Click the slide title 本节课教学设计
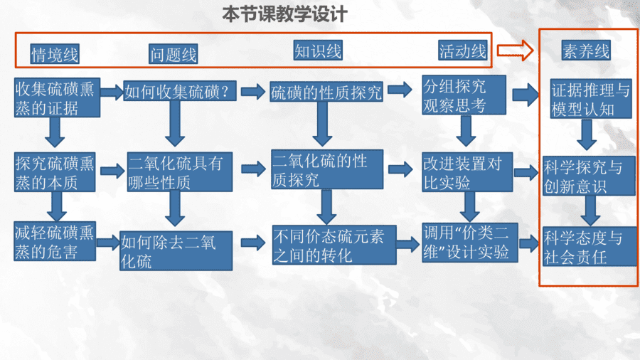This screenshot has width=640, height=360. tap(284, 14)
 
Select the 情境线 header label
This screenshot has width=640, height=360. tap(55, 54)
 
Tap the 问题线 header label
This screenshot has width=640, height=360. tap(174, 54)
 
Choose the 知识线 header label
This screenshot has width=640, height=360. tap(318, 51)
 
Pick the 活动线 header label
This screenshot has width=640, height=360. tap(463, 51)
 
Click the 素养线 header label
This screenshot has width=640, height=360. tap(586, 51)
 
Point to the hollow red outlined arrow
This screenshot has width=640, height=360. tap(515, 51)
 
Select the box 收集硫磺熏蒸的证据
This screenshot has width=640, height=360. tap(57, 98)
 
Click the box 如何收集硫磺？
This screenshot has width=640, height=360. tap(180, 91)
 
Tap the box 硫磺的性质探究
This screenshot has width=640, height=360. tap(326, 92)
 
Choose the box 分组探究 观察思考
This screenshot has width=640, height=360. tap(464, 95)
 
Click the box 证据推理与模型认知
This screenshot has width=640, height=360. tap(591, 99)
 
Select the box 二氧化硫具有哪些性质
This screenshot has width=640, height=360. tap(180, 172)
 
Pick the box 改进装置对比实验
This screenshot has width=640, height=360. tap(467, 172)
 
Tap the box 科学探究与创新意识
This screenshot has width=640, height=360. tap(589, 176)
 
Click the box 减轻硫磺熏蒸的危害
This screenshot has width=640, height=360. tap(55, 241)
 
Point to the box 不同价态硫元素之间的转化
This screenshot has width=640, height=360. tap(334, 245)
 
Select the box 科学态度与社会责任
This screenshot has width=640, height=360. tap(590, 247)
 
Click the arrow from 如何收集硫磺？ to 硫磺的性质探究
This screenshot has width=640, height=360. tap(253, 91)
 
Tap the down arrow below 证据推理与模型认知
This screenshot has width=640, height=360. tap(587, 134)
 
